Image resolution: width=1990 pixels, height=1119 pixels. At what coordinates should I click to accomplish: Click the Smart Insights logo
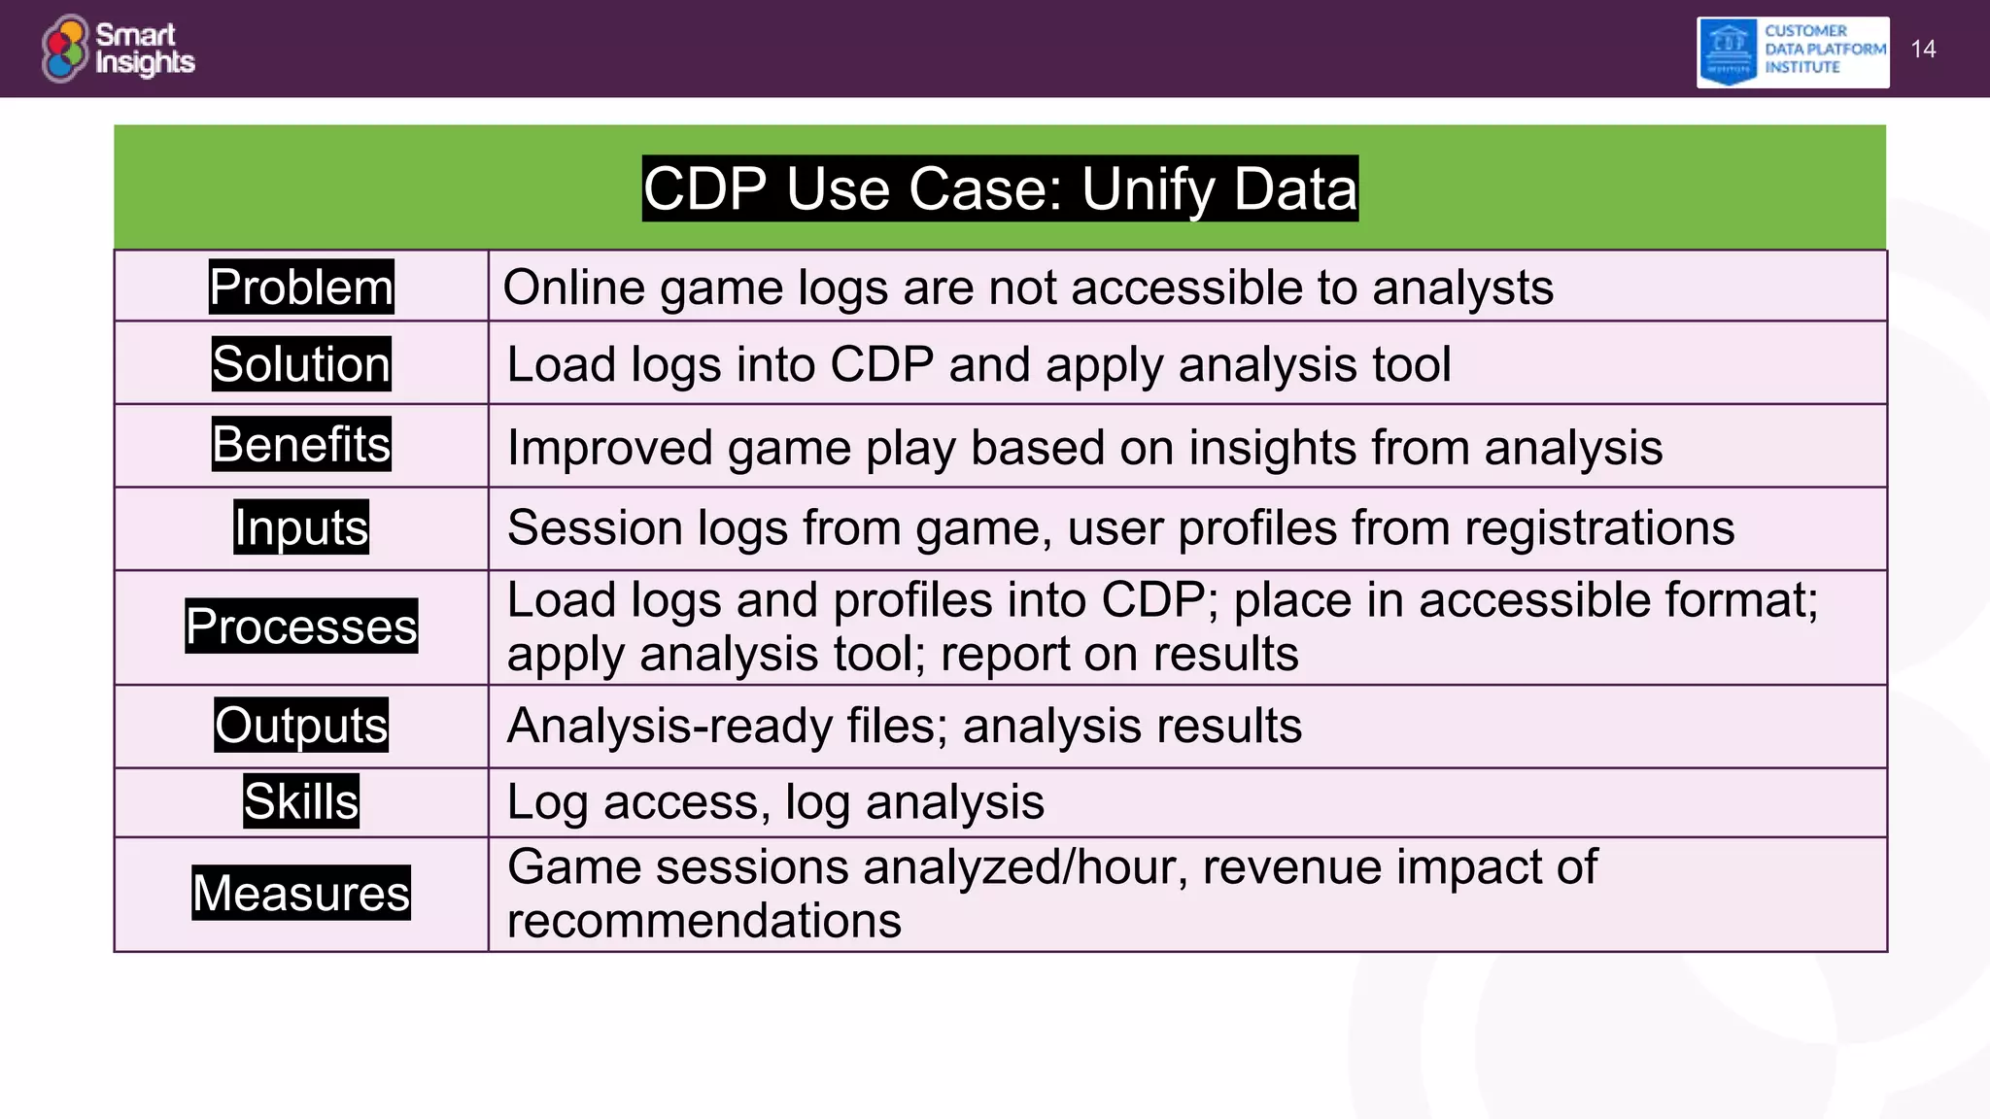point(119,49)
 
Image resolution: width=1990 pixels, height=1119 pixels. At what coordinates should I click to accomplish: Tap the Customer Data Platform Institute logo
point(1793,51)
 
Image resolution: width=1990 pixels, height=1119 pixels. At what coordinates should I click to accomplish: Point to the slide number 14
point(1923,50)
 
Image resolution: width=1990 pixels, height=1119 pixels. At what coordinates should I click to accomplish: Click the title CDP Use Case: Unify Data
point(1000,188)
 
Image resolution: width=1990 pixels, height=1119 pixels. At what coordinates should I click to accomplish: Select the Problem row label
point(301,288)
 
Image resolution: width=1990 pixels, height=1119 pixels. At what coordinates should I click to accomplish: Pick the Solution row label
point(301,364)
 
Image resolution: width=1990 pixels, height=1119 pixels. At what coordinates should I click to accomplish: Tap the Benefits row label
point(301,444)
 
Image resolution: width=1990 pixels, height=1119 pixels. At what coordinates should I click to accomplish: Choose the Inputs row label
point(301,527)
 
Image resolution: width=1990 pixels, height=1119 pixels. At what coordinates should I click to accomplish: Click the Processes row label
point(301,627)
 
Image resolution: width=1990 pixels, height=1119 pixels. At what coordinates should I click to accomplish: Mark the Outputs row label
point(301,726)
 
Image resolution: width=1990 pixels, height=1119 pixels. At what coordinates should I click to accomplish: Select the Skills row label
point(301,801)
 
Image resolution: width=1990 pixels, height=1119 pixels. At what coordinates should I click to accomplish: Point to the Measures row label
point(301,893)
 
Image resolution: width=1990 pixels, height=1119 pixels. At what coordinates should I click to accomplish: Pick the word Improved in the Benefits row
point(609,449)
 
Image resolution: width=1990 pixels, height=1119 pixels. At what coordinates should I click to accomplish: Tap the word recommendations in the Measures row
point(704,921)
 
